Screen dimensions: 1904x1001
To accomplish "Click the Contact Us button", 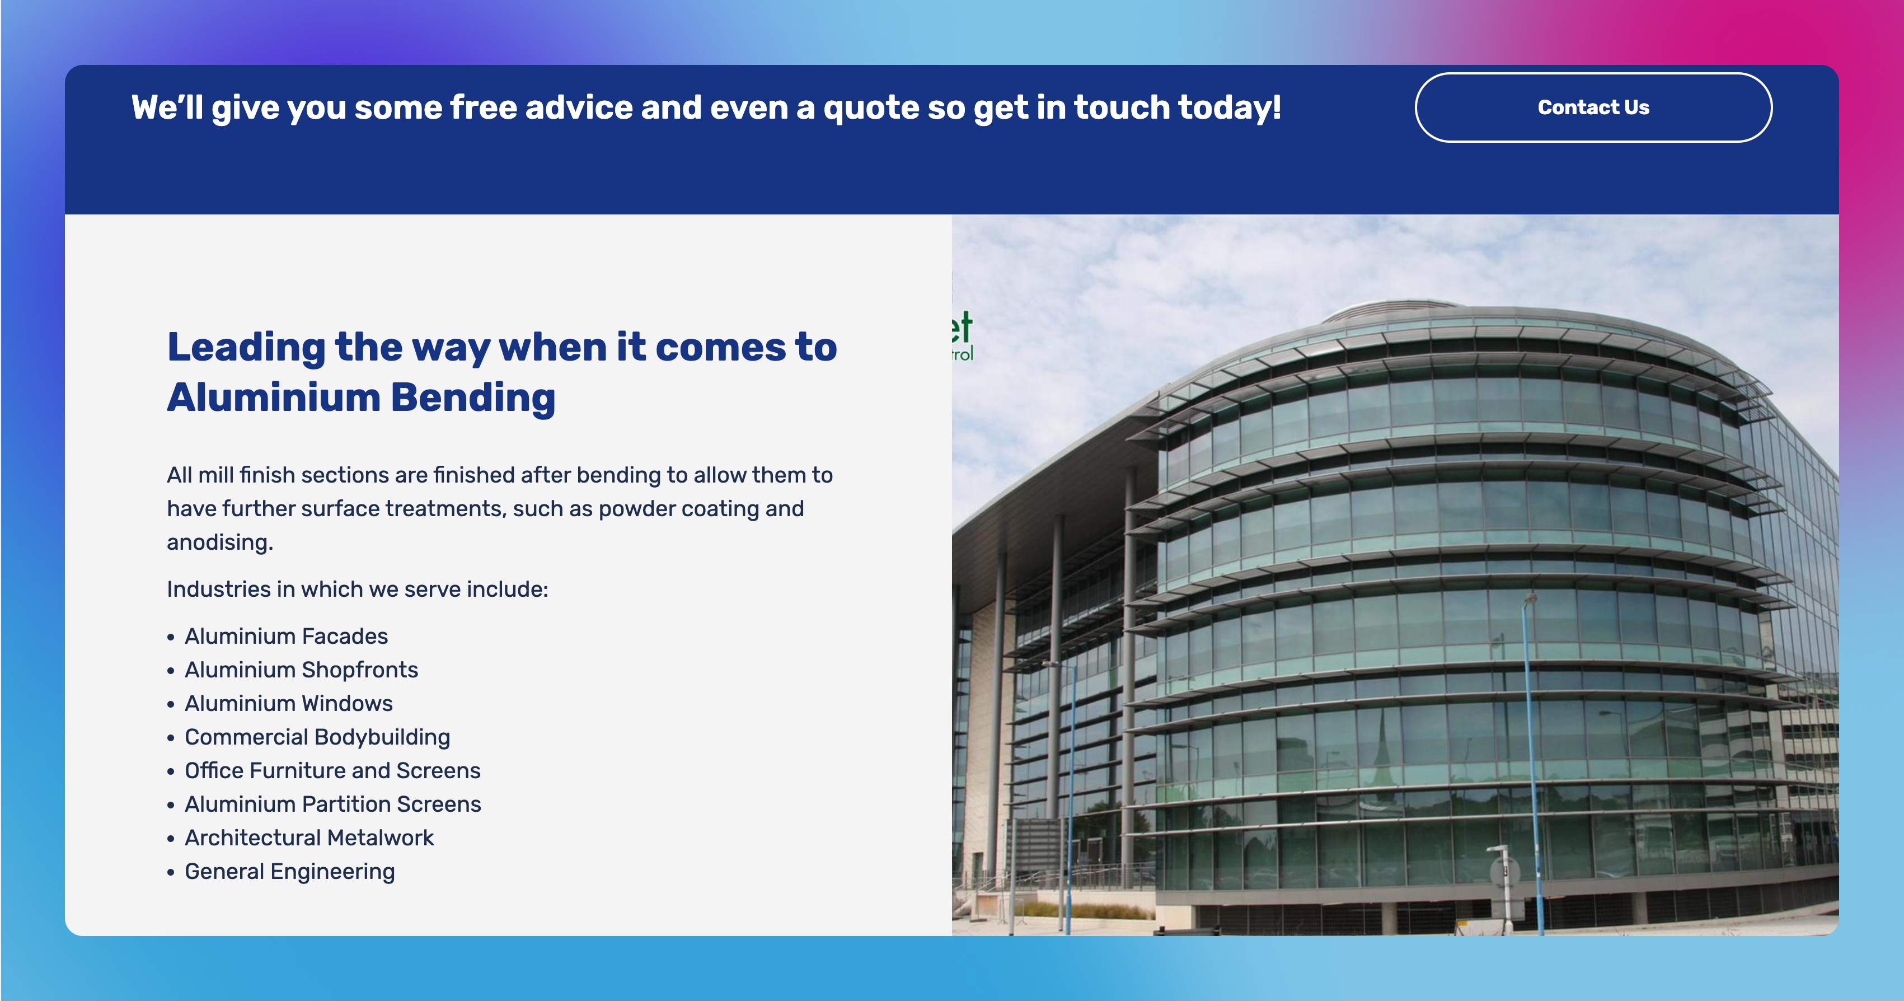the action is point(1593,107).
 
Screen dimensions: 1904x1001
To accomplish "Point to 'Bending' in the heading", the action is point(473,397).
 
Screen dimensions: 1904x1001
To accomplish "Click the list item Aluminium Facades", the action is point(286,636).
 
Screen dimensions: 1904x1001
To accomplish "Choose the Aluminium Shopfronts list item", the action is point(302,670).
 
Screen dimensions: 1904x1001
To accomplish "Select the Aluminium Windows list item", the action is point(289,703).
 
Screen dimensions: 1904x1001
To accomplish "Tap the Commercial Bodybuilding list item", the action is point(317,737).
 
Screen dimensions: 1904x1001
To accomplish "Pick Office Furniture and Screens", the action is point(332,770).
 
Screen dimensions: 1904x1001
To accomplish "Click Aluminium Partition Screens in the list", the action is point(332,804).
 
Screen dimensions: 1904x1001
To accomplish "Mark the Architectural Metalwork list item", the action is point(309,838).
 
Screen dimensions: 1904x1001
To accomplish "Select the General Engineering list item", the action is point(290,872).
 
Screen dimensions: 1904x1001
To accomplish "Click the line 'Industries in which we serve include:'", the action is point(358,589).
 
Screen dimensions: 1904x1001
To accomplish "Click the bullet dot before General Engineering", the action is point(171,872).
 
